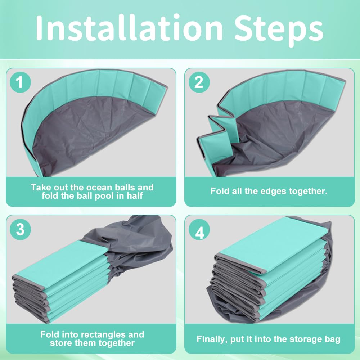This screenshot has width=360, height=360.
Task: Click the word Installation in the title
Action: (x=129, y=28)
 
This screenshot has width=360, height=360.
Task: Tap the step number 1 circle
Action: (x=20, y=82)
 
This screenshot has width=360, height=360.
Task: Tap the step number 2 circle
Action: (x=199, y=82)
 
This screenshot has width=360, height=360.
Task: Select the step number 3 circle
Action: (x=20, y=229)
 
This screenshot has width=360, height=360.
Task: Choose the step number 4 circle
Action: (x=199, y=229)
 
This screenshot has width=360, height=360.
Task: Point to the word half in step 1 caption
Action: (x=135, y=196)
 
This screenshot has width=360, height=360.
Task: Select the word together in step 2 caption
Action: (x=308, y=192)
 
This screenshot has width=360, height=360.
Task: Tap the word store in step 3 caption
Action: (x=60, y=343)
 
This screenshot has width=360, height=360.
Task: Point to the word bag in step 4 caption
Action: (x=332, y=339)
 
